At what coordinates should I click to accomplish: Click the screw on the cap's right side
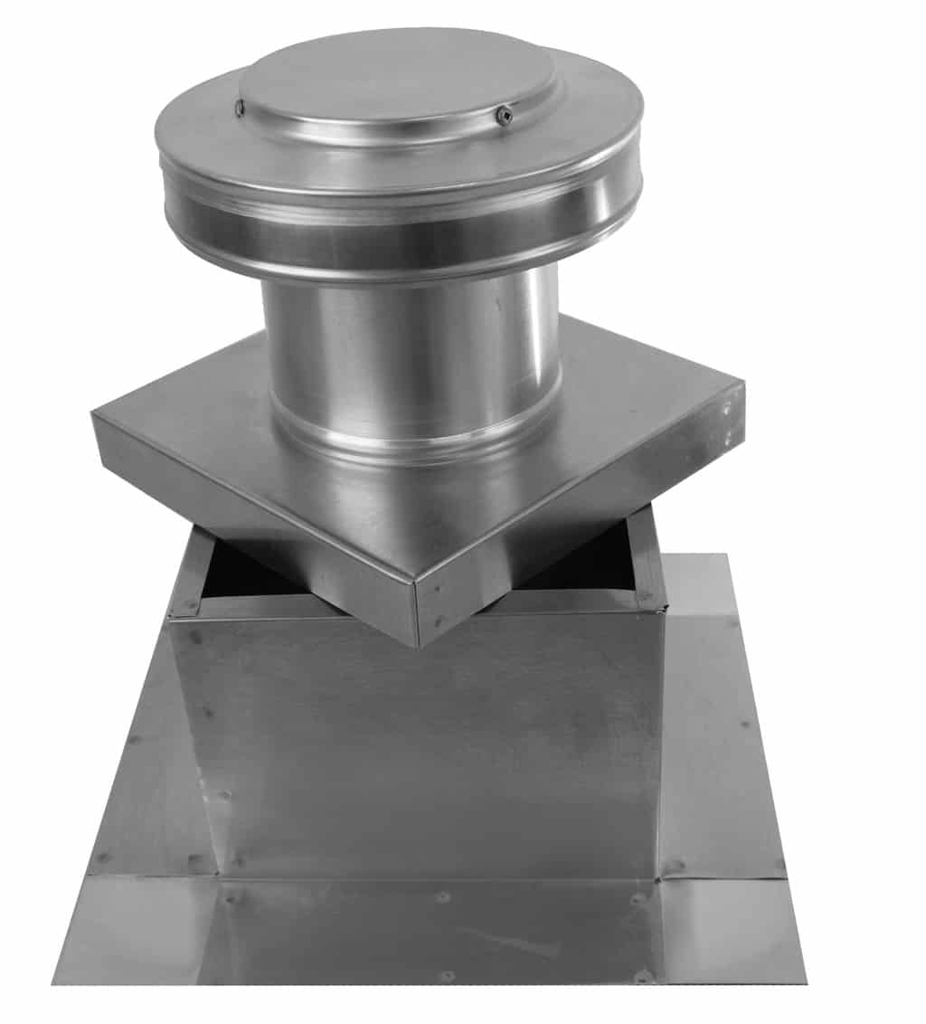pos(504,115)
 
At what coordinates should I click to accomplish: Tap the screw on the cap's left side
pos(241,109)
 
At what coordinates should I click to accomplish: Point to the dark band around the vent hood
pos(398,231)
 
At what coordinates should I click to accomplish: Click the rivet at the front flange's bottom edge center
pos(446,976)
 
